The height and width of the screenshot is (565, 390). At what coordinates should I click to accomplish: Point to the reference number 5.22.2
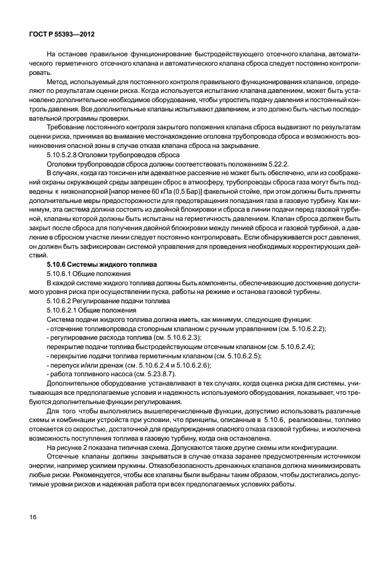point(275,163)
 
